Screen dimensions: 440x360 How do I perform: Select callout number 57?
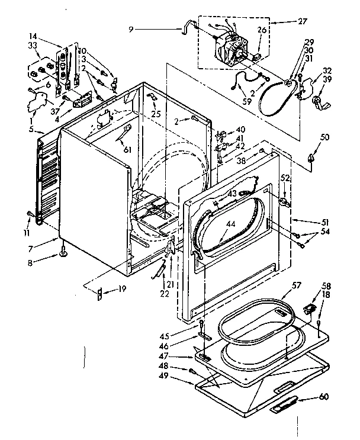(x=289, y=292)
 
